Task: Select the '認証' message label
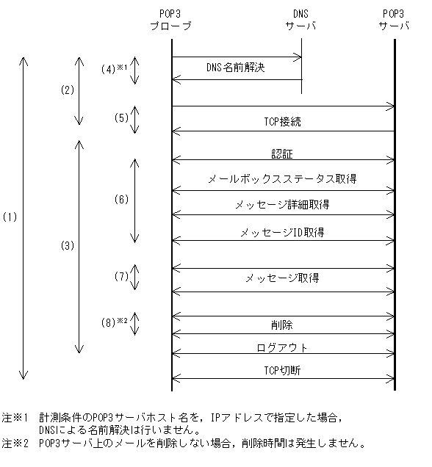point(282,155)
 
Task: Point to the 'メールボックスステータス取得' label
point(282,178)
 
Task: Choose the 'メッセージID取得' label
point(282,232)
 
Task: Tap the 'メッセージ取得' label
point(282,278)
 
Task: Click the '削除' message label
point(282,324)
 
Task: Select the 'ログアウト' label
point(282,347)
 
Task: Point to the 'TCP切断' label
point(282,371)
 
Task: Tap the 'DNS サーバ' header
point(300,20)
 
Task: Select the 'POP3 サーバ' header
point(394,20)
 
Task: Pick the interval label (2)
point(68,90)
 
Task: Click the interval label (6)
point(121,199)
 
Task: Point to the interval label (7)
point(121,277)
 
